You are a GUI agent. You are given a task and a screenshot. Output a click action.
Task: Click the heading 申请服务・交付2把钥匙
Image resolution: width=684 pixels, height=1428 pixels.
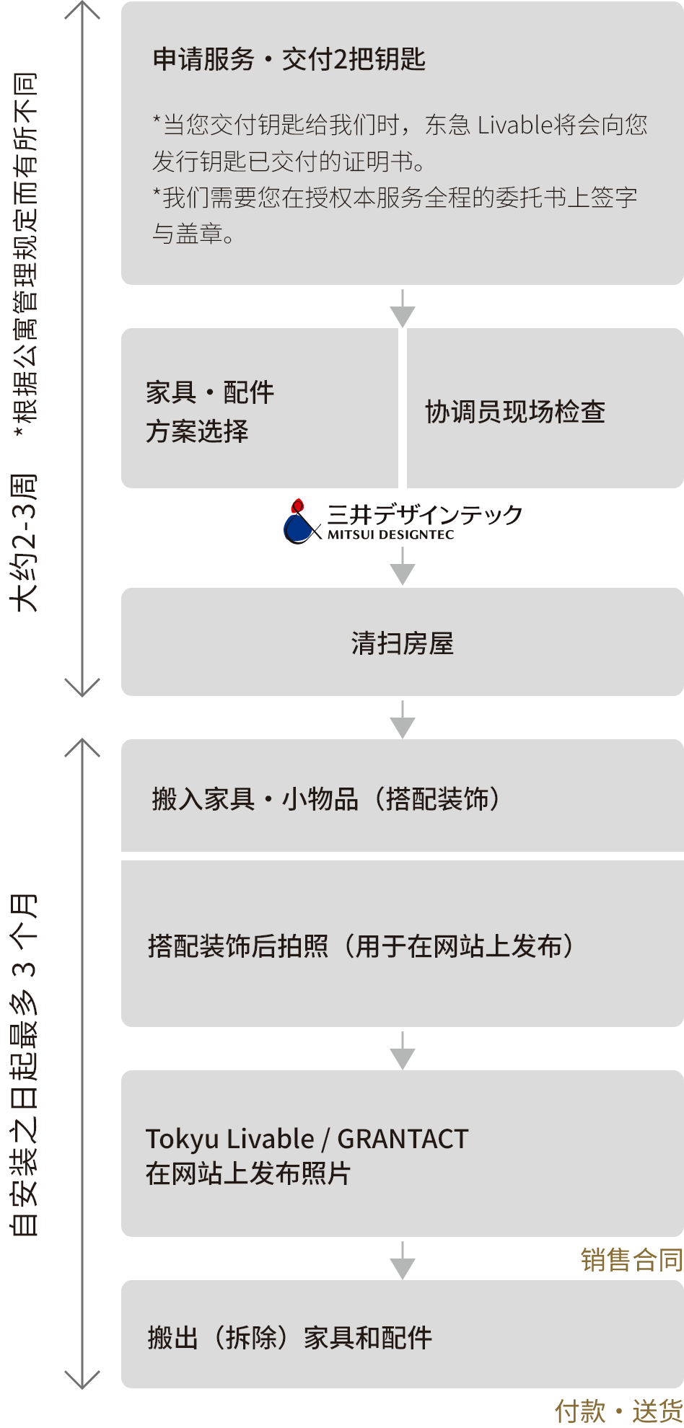[289, 59]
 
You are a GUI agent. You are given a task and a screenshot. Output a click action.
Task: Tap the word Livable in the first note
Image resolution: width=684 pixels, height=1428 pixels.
[514, 125]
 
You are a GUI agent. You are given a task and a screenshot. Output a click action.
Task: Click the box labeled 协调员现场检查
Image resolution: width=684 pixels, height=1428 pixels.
[515, 411]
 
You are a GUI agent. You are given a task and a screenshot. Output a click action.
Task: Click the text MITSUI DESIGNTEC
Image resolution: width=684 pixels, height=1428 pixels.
[390, 535]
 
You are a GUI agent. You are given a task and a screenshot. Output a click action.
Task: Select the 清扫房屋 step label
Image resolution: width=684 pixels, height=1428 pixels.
[402, 643]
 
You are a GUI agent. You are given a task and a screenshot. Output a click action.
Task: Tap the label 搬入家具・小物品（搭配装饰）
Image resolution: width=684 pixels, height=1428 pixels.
[326, 798]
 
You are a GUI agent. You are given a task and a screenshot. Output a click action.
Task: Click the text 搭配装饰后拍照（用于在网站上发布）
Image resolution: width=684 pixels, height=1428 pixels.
[361, 946]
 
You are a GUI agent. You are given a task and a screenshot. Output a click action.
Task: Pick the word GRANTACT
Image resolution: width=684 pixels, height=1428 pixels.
[403, 1139]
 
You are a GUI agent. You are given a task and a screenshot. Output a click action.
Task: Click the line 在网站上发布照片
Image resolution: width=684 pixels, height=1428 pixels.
[247, 1173]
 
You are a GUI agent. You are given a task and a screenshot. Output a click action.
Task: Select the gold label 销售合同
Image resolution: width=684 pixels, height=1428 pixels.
[631, 1259]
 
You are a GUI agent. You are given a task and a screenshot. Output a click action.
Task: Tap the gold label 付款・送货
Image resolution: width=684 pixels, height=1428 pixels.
[618, 1411]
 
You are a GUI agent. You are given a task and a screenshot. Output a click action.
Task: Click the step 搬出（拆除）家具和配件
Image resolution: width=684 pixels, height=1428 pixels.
[289, 1338]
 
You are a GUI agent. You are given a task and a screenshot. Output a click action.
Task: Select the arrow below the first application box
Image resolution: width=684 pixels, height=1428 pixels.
[402, 309]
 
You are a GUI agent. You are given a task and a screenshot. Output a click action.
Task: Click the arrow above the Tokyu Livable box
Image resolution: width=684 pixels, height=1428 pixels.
[402, 1050]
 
